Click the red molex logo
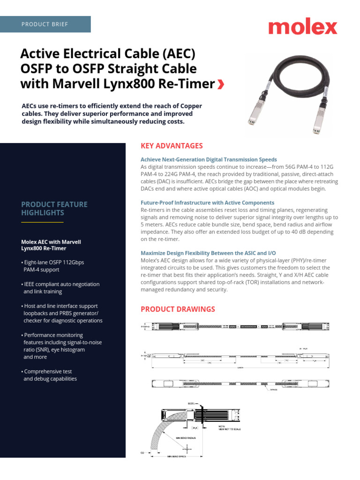pos(302,27)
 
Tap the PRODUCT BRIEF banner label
pos(45,24)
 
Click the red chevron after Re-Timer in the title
pos(221,84)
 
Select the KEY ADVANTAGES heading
pos(172,146)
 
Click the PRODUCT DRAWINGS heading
pos(178,309)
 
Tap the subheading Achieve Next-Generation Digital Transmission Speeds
pos(209,159)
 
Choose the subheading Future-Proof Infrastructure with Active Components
pos(207,202)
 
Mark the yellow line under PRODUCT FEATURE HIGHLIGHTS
pos(42,222)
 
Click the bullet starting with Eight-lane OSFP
pos(53,266)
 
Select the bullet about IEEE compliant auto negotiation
pos(60,288)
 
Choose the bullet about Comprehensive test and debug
pos(49,375)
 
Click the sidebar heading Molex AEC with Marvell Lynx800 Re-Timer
pos(51,245)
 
